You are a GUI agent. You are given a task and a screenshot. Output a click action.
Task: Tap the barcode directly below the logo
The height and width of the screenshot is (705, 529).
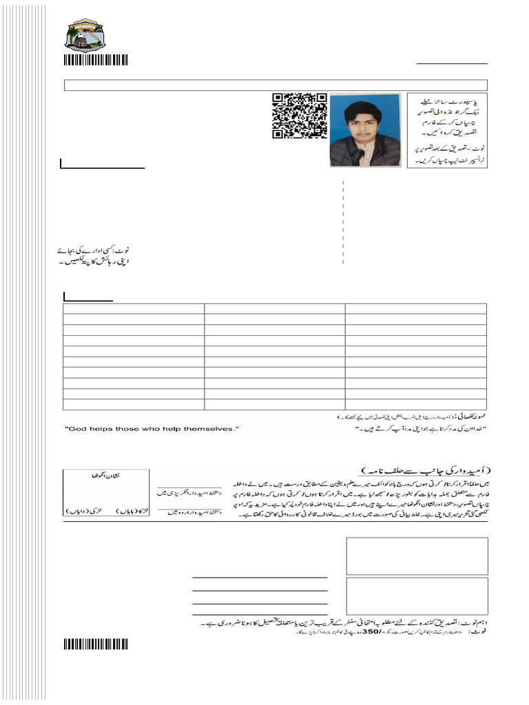96,60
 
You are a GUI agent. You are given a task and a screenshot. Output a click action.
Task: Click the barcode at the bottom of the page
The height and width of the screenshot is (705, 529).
96,644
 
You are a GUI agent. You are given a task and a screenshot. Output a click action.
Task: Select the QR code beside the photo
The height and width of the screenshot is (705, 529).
298,116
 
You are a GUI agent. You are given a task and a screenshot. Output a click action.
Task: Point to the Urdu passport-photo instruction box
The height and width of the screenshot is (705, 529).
447,129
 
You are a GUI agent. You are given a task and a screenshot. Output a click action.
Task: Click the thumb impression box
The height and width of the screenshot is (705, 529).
106,492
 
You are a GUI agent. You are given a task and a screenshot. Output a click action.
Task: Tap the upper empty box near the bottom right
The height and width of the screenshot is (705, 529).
417,556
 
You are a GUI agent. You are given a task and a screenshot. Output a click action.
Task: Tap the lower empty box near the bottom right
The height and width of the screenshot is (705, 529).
417,596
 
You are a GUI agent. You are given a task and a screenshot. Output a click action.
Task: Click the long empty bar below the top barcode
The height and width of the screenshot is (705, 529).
276,85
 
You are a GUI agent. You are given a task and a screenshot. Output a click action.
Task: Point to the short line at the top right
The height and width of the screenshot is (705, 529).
451,63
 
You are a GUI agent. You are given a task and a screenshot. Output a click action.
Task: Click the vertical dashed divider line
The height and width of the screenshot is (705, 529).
343,222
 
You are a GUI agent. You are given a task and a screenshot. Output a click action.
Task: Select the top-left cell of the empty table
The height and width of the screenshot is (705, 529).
134,309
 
